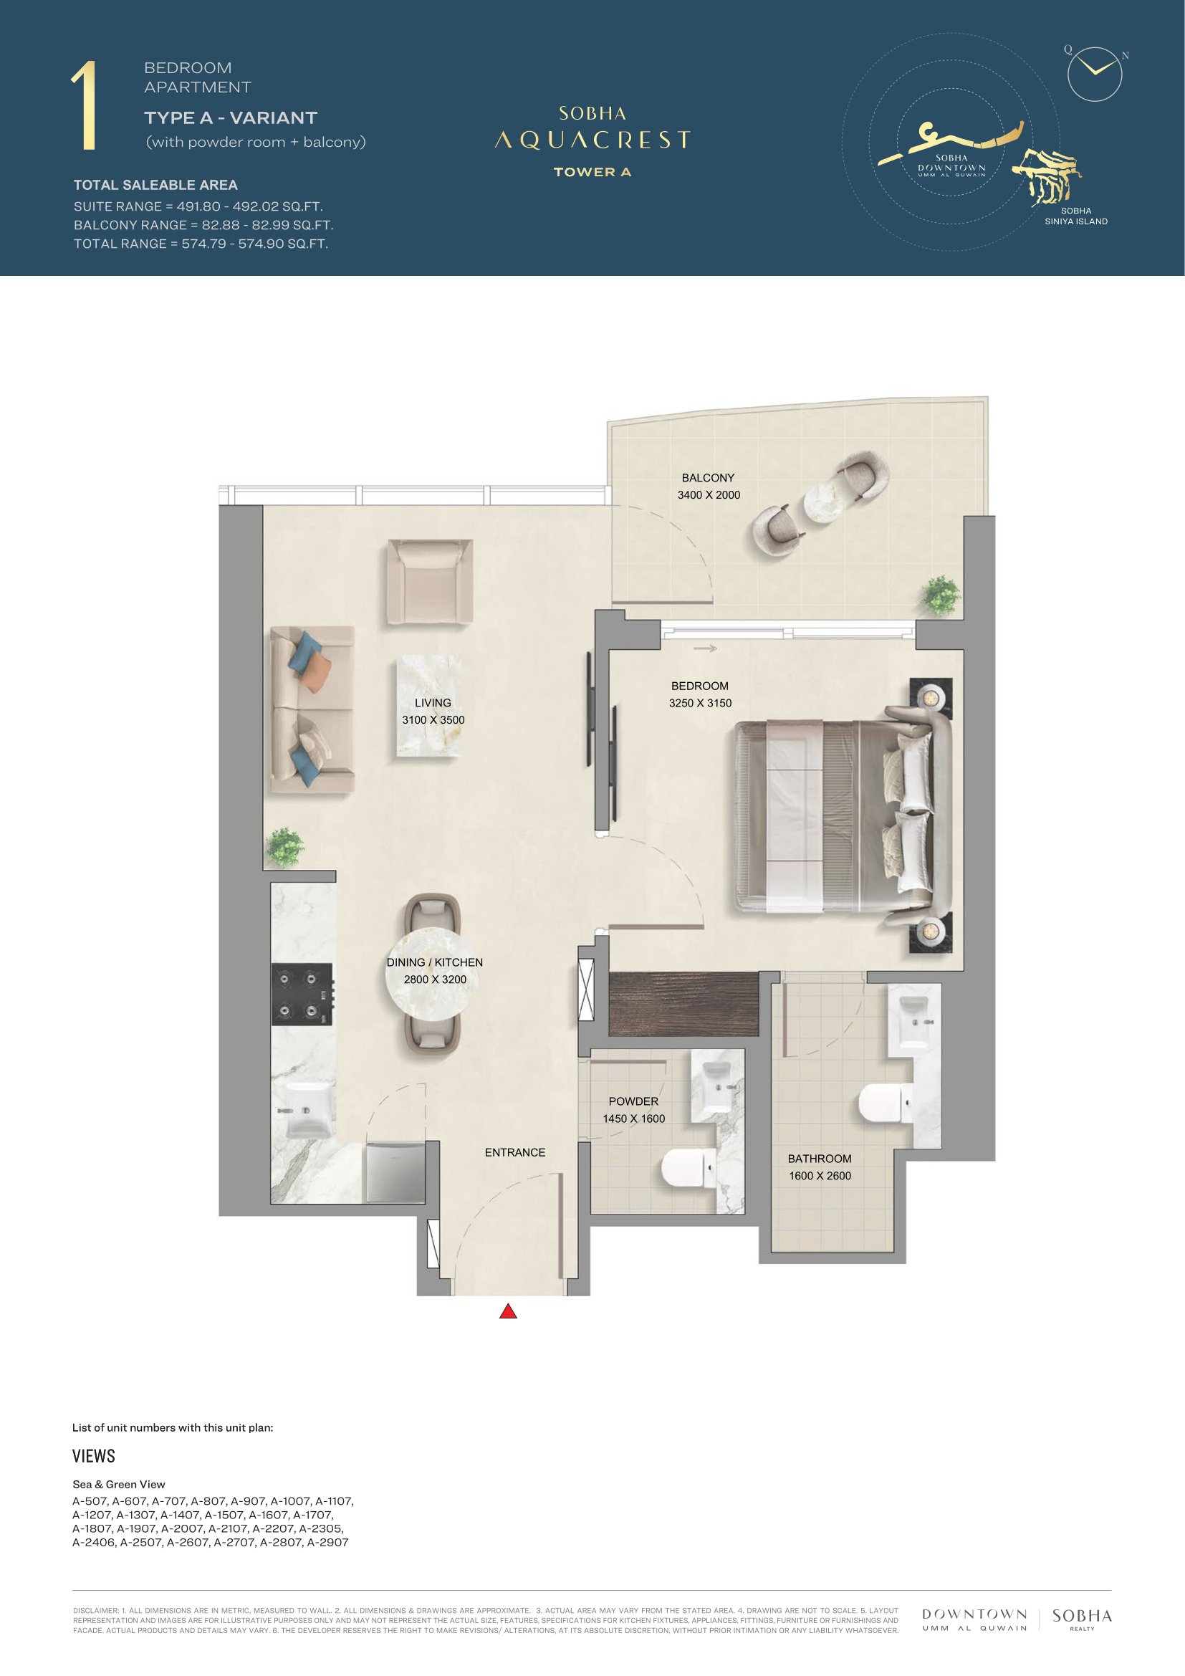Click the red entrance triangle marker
pyautogui.click(x=508, y=1312)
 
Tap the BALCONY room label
pyautogui.click(x=708, y=478)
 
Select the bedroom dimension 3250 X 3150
pyautogui.click(x=701, y=703)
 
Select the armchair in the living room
pyautogui.click(x=431, y=583)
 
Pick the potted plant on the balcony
pyautogui.click(x=941, y=595)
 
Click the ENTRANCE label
pyautogui.click(x=515, y=1153)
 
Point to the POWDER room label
pyautogui.click(x=633, y=1101)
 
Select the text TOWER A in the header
pyautogui.click(x=592, y=172)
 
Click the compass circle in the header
pyautogui.click(x=1095, y=73)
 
